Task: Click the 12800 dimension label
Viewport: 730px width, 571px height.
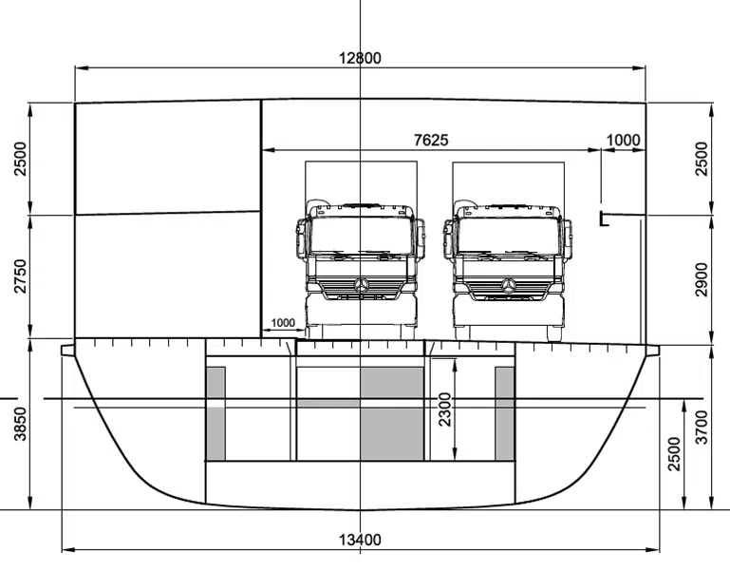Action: click(360, 58)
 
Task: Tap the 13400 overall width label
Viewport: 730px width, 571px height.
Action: click(360, 540)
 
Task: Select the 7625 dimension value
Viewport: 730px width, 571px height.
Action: click(431, 140)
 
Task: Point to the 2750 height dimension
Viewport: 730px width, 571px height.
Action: click(21, 276)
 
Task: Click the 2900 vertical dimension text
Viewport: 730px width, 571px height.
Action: click(702, 279)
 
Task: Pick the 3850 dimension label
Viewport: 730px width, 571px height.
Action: click(21, 424)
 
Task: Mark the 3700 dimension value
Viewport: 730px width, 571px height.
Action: click(702, 427)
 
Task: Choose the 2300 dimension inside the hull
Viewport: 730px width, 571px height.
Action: click(445, 409)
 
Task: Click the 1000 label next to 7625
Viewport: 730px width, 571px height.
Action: click(624, 140)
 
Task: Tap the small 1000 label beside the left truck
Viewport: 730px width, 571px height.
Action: click(283, 323)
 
